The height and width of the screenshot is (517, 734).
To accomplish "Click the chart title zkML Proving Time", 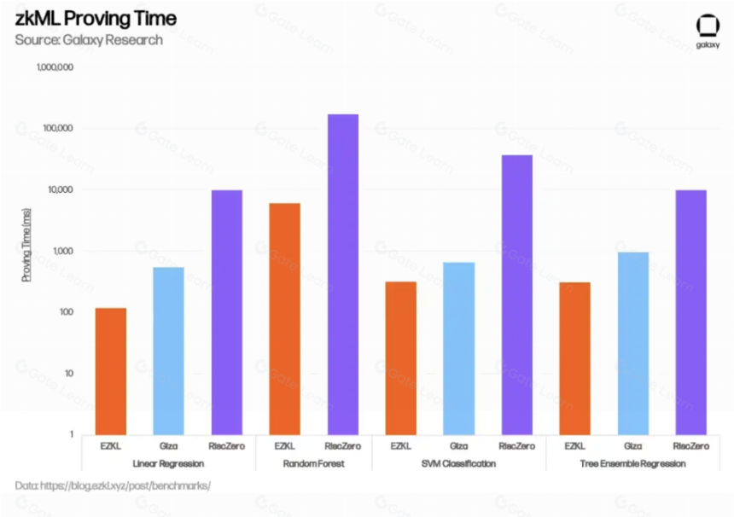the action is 96,19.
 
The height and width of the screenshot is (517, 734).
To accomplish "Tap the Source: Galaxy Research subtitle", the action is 89,40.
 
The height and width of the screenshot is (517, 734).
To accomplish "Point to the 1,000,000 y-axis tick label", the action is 55,67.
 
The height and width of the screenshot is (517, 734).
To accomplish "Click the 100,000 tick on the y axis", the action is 58,128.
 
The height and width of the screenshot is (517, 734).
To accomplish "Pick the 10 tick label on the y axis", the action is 69,374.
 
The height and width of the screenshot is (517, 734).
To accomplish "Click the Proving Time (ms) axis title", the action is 26,245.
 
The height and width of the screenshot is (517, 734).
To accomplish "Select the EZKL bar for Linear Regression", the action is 110,371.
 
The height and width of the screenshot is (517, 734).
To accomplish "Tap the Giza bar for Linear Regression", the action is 168,351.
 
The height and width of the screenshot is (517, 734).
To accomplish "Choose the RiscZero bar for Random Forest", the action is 343,275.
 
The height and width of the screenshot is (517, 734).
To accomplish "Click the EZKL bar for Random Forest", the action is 284,319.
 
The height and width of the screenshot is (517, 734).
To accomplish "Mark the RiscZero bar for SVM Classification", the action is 517,295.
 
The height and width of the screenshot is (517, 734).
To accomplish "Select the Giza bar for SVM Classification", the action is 459,349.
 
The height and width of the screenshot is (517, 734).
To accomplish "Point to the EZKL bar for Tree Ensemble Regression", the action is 575,359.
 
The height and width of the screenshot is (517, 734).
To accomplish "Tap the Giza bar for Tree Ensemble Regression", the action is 633,344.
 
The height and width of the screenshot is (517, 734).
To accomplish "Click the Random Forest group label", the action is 313,463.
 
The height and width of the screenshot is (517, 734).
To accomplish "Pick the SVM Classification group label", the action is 459,463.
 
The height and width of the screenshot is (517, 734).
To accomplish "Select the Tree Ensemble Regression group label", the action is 633,463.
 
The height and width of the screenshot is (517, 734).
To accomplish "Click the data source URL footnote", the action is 113,485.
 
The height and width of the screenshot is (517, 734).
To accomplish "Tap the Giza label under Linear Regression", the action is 168,446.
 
